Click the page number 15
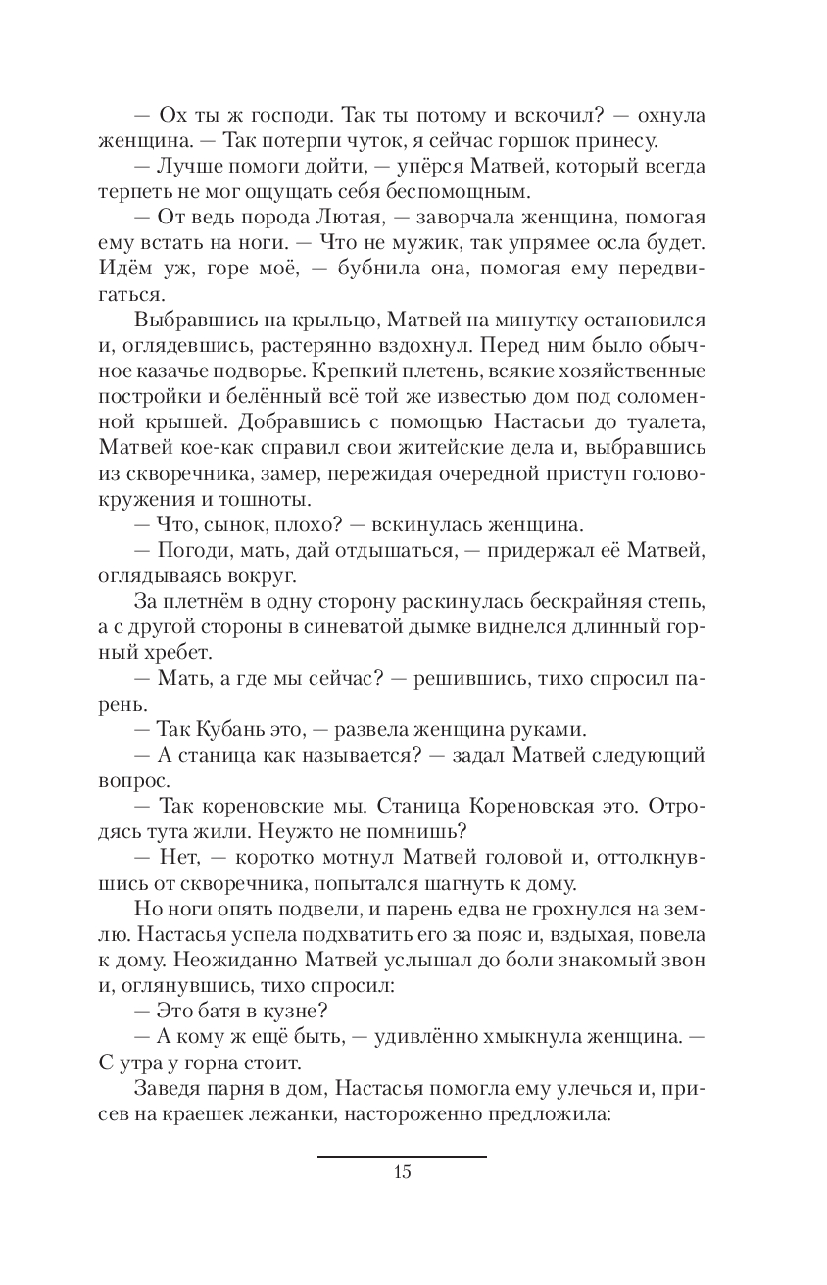tap(402, 1172)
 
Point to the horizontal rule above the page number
tap(402, 1157)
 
